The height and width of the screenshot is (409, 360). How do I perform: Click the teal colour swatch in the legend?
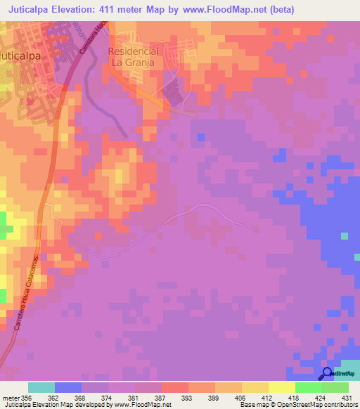coord(41,387)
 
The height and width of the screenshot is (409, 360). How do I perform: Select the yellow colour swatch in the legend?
coord(281,387)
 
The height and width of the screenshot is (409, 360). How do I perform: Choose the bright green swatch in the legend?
coord(308,387)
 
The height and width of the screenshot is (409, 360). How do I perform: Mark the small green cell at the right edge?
coord(344,236)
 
